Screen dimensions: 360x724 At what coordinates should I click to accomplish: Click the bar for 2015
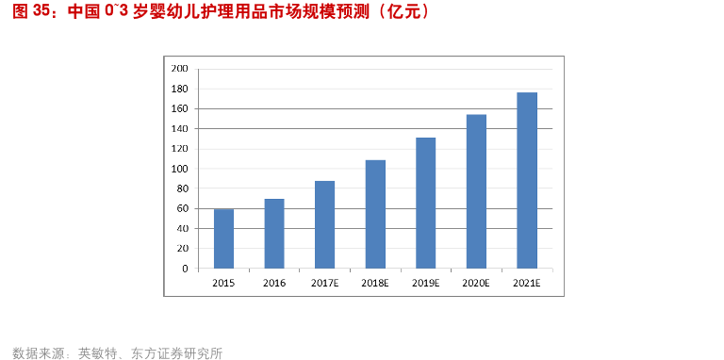223,238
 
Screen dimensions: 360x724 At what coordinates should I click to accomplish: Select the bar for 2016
274,234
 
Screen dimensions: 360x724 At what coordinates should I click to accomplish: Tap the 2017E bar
324,224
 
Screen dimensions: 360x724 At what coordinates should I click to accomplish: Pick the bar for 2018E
375,214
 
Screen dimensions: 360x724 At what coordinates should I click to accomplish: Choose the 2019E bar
426,203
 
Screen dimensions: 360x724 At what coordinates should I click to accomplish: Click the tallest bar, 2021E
527,180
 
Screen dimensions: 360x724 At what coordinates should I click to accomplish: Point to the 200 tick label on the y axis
180,69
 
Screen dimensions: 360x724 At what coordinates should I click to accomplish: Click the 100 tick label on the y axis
180,169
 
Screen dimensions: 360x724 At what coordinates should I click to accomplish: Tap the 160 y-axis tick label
180,108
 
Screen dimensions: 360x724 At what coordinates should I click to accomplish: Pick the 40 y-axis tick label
183,229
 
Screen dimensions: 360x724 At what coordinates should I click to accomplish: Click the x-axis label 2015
223,283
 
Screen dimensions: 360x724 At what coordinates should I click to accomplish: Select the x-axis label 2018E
375,283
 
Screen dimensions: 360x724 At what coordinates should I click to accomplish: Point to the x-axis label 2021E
527,283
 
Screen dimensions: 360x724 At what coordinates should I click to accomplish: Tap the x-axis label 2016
274,283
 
